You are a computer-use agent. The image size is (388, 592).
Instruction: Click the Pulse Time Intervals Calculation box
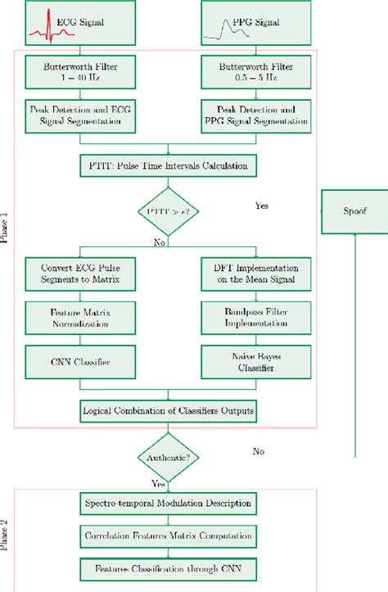point(167,166)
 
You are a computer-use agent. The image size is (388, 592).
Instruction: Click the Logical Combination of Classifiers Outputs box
point(167,409)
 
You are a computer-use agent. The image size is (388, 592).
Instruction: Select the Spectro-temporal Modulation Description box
point(167,501)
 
